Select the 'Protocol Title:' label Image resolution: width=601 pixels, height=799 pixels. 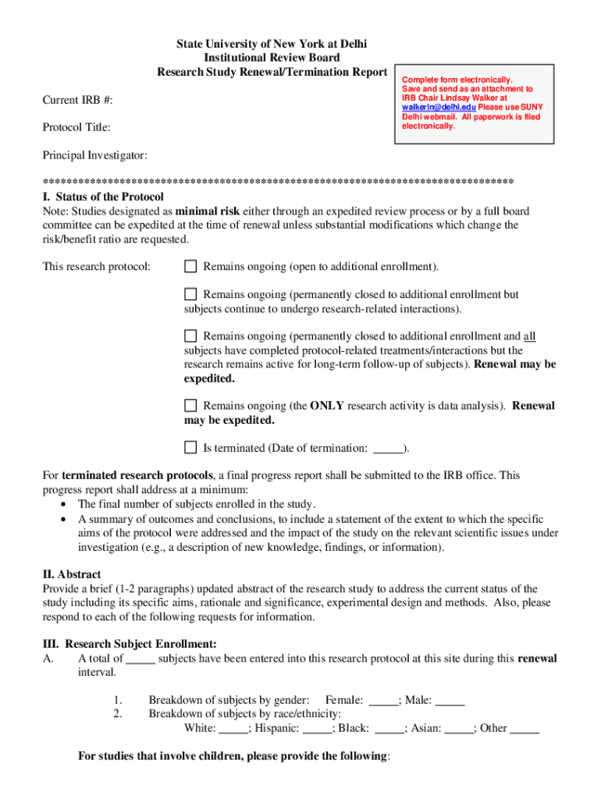(x=76, y=127)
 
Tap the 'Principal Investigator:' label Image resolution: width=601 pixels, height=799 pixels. (x=94, y=156)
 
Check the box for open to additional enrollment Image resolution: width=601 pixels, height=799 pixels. (x=190, y=267)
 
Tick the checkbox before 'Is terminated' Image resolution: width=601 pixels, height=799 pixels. (x=190, y=448)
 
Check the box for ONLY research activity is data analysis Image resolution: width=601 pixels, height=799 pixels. (x=190, y=406)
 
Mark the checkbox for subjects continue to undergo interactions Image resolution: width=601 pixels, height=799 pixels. (x=190, y=295)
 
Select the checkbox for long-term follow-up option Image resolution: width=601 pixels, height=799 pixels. (x=190, y=336)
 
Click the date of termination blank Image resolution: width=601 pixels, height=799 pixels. (x=388, y=449)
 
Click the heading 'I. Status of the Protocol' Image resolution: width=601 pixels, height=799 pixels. (x=103, y=197)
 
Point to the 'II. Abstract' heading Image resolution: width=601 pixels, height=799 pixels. (x=72, y=574)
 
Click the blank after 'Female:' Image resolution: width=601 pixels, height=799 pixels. (x=382, y=700)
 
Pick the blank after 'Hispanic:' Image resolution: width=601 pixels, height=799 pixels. (x=317, y=728)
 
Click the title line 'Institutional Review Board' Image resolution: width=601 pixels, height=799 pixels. (x=272, y=58)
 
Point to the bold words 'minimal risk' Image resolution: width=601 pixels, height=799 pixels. (x=208, y=211)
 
